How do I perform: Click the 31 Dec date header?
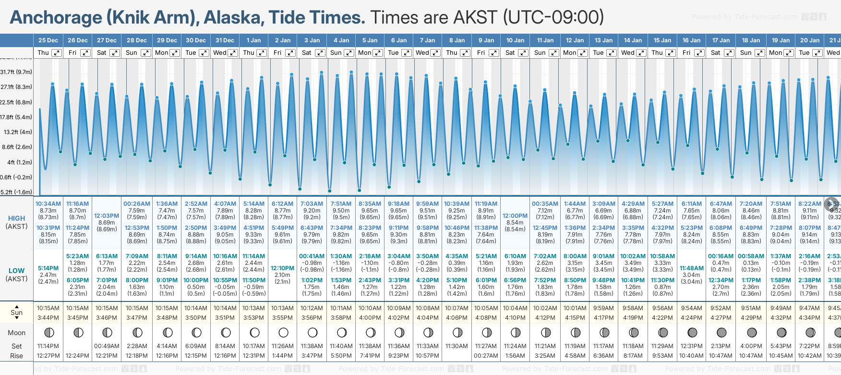(x=225, y=40)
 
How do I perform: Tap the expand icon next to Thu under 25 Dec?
(x=57, y=53)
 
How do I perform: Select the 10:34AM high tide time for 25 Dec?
(x=48, y=204)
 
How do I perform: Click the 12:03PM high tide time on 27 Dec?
(x=107, y=216)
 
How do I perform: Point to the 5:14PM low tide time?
(x=48, y=268)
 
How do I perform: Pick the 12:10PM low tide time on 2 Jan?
(x=283, y=268)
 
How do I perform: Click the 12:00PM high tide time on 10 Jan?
(x=515, y=216)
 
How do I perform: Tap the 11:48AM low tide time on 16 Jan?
(x=692, y=268)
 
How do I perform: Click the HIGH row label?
(x=16, y=218)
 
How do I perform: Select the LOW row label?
(x=16, y=271)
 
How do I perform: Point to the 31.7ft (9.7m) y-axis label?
(x=16, y=72)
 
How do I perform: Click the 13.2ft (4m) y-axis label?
(x=18, y=132)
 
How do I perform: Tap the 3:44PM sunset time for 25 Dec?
(x=48, y=318)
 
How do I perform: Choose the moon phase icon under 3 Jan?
(x=312, y=332)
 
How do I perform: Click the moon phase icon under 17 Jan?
(x=721, y=332)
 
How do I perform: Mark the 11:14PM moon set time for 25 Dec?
(x=48, y=346)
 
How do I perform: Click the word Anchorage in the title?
(x=56, y=17)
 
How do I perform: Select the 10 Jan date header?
(x=515, y=40)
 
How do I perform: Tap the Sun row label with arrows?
(x=16, y=312)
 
